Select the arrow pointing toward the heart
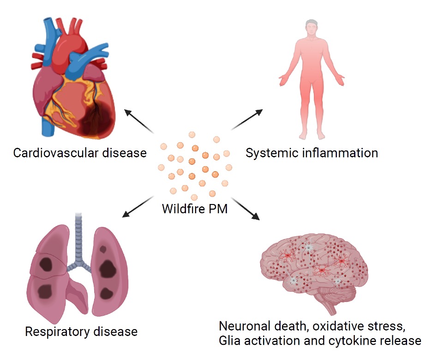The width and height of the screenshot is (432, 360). click(x=138, y=121)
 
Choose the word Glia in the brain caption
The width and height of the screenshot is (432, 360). click(x=229, y=341)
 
